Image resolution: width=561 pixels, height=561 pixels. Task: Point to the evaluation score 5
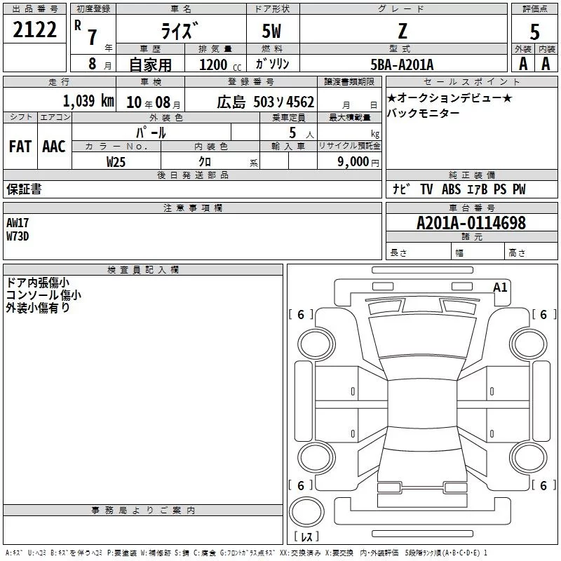(534, 31)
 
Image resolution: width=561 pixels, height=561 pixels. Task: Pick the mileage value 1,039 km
(88, 100)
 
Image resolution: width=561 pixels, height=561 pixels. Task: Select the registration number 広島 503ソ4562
(255, 101)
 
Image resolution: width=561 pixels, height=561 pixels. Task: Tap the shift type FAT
(20, 146)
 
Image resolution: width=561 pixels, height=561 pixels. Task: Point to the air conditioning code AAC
(53, 146)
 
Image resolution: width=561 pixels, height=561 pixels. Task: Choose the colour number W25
(116, 161)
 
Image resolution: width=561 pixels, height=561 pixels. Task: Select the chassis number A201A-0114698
(471, 223)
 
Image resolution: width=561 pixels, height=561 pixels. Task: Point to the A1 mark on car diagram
(500, 287)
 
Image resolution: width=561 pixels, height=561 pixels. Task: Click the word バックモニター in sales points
(423, 114)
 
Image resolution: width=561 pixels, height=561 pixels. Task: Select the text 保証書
(24, 189)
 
